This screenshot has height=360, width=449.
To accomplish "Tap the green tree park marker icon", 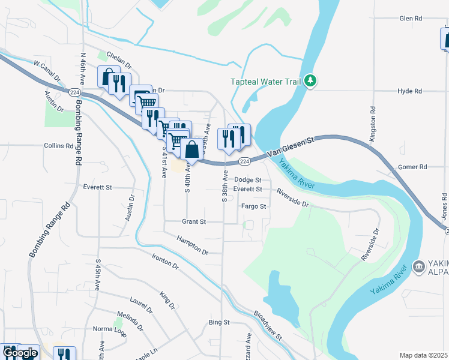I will coord(310,80).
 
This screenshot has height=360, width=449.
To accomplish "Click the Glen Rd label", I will coord(411,19).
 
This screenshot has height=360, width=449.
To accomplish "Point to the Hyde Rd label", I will coord(410,91).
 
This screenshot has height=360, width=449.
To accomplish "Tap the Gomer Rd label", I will coord(412,167).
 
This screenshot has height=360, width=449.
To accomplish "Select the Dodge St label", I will coord(248,180).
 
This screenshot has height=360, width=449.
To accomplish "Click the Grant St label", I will coord(194,221).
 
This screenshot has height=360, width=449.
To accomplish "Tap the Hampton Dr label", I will coord(192,246).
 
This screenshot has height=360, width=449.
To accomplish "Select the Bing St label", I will coord(219,323).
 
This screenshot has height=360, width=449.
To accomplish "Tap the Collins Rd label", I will coord(58,146).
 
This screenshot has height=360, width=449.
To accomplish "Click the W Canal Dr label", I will coord(47,70).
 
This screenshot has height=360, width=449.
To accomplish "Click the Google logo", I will coord(20,353).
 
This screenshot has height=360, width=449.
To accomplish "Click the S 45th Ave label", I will coord(97,275).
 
